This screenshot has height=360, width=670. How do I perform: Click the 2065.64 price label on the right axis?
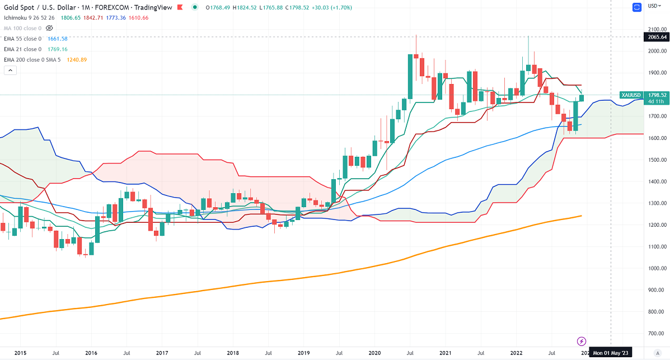(656, 38)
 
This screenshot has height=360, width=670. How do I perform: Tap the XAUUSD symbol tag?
(631, 95)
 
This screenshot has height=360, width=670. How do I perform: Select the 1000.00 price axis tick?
(656, 268)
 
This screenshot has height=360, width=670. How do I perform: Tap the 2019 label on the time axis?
(304, 353)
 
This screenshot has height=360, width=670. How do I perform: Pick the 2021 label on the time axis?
(446, 353)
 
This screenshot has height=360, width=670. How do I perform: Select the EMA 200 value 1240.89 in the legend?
(77, 59)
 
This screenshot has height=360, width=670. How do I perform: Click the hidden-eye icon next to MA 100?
(49, 27)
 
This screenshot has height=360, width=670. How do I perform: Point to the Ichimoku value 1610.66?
(138, 18)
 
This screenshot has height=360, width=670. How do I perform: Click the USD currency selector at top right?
(653, 6)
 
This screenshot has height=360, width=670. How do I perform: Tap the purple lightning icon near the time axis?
(582, 341)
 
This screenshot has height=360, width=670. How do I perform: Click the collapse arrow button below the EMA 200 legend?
(11, 70)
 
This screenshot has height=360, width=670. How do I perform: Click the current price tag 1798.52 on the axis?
(656, 95)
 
